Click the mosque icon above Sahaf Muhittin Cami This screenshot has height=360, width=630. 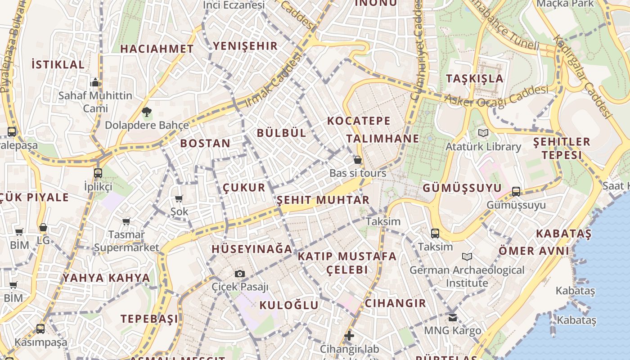95,82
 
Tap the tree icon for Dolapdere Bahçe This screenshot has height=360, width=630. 146,112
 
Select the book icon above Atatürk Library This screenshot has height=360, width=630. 483,133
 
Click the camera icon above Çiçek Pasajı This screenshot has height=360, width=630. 240,274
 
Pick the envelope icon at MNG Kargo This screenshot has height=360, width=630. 453,318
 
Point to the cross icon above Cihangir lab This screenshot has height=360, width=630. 349,336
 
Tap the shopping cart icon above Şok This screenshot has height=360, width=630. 179,198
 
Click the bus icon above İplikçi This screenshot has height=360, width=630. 98,173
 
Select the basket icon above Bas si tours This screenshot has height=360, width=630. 358,160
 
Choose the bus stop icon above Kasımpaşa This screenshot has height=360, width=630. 40,329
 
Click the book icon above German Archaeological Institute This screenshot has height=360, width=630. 467,257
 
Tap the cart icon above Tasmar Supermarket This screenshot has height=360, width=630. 126,221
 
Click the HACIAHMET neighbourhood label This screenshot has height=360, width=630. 157,49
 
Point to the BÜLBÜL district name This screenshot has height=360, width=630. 282,133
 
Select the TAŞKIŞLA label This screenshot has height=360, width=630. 475,78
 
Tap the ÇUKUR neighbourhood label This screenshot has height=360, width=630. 244,188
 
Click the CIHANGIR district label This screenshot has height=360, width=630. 396,303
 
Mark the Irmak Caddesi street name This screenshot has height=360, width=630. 273,81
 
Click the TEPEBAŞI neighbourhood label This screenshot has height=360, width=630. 149,319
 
